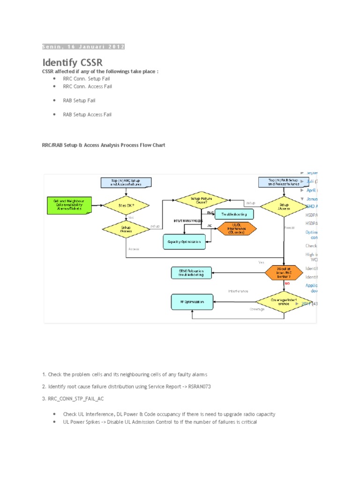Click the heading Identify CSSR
(x=72, y=62)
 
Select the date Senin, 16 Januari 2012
(x=83, y=46)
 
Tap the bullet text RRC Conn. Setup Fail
(x=87, y=79)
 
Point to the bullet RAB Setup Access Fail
(x=87, y=114)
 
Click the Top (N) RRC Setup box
(x=126, y=183)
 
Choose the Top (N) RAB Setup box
(x=284, y=182)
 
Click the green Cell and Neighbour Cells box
(x=69, y=205)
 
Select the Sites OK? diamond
(x=126, y=205)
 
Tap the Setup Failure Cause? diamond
(x=202, y=200)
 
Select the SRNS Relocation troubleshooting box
(x=191, y=273)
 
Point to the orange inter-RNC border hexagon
(x=284, y=273)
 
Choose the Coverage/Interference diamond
(x=284, y=301)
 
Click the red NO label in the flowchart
(x=287, y=283)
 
